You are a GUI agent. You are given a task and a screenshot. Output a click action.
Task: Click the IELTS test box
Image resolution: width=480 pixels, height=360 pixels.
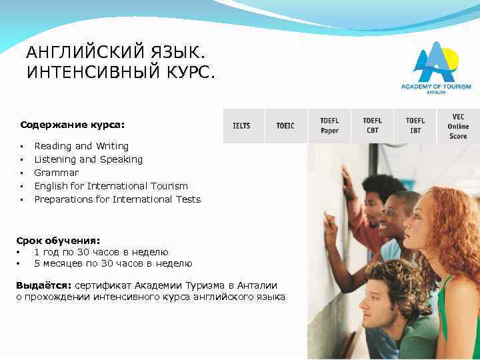[x=241, y=125]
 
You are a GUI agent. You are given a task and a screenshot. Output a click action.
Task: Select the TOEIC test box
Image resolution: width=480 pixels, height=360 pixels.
[x=285, y=125]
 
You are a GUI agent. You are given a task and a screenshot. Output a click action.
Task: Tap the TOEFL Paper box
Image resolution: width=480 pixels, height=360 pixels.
[x=329, y=125]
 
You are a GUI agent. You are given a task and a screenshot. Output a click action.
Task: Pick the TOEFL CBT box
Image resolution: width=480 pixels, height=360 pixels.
[x=372, y=125]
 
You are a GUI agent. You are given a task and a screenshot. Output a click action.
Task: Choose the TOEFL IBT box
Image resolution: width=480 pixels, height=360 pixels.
[x=415, y=125]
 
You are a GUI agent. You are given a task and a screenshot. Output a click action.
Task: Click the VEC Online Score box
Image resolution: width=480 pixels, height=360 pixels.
[x=458, y=125]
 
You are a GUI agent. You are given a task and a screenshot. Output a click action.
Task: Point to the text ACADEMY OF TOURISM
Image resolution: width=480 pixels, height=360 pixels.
[x=435, y=87]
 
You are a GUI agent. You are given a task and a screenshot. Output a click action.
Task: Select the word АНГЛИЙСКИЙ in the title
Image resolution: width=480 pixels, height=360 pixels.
[x=77, y=52]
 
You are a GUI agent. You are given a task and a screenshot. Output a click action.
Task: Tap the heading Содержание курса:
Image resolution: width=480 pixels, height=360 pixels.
[x=73, y=124]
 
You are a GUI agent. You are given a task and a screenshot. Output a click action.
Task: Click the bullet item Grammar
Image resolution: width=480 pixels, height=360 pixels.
[x=56, y=173]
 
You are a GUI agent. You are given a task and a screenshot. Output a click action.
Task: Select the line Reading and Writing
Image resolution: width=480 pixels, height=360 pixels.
[x=81, y=146]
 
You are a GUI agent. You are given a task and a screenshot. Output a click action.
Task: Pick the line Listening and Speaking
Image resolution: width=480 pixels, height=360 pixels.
[x=88, y=159]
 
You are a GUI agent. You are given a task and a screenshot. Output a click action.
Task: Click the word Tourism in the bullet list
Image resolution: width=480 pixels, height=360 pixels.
[x=169, y=186]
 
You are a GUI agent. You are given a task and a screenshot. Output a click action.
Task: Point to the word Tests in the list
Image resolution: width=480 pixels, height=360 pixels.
[x=187, y=199]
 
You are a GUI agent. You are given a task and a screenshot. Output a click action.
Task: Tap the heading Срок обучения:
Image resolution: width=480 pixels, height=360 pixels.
[x=58, y=239]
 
